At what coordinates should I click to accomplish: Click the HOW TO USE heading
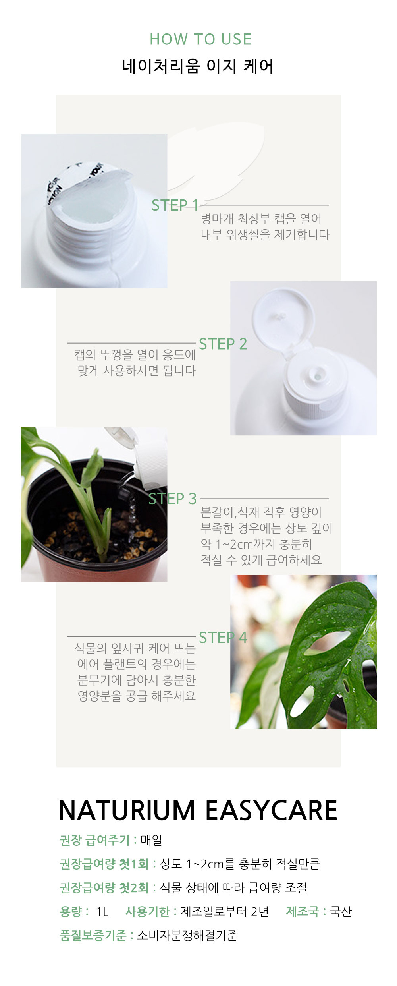[x=200, y=39]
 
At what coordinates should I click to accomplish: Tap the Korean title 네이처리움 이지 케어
[x=198, y=66]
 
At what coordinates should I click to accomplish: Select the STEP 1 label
[x=175, y=205]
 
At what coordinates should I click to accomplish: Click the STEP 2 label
[x=223, y=344]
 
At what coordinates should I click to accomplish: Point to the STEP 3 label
[x=172, y=499]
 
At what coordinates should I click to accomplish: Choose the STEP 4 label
[x=223, y=637]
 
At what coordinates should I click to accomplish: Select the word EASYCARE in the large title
[x=271, y=810]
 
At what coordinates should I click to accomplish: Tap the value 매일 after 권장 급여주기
[x=151, y=840]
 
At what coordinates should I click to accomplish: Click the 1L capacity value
[x=102, y=911]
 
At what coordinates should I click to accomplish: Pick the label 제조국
[x=302, y=911]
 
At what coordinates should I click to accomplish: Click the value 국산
[x=341, y=911]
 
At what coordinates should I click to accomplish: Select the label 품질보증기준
[x=93, y=935]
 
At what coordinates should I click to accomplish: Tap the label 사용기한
[x=147, y=911]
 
